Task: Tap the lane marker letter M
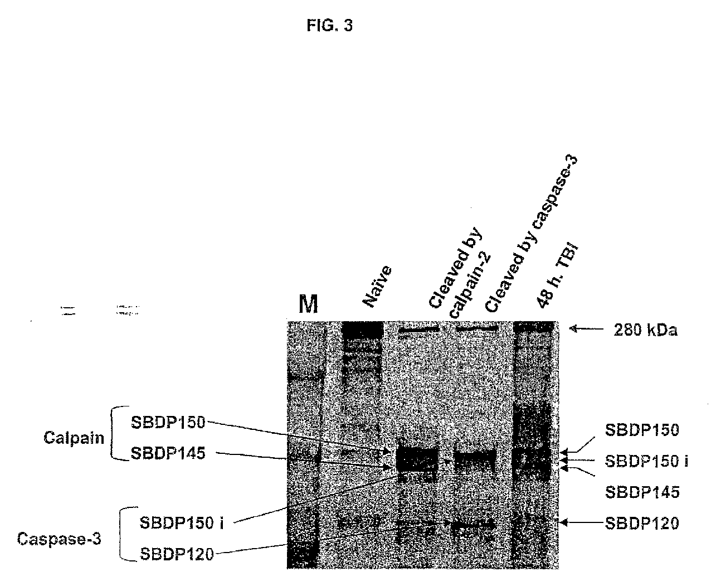[308, 304]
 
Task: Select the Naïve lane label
[378, 287]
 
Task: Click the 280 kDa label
[645, 331]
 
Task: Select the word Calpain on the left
[74, 438]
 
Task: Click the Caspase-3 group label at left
[59, 539]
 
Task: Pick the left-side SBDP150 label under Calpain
[168, 423]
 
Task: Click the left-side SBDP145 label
[168, 453]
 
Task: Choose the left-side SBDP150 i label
[176, 523]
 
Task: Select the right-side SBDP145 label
[642, 492]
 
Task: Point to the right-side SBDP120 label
[642, 523]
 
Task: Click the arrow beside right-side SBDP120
[579, 522]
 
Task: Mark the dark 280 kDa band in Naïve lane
[362, 330]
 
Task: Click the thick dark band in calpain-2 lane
[416, 461]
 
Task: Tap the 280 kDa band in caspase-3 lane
[476, 329]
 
